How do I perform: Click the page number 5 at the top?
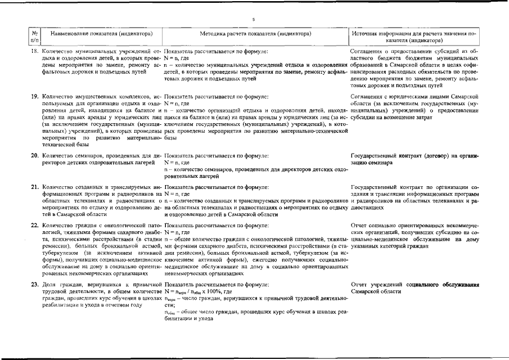click(x=254, y=19)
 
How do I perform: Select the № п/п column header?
click(x=35, y=37)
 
